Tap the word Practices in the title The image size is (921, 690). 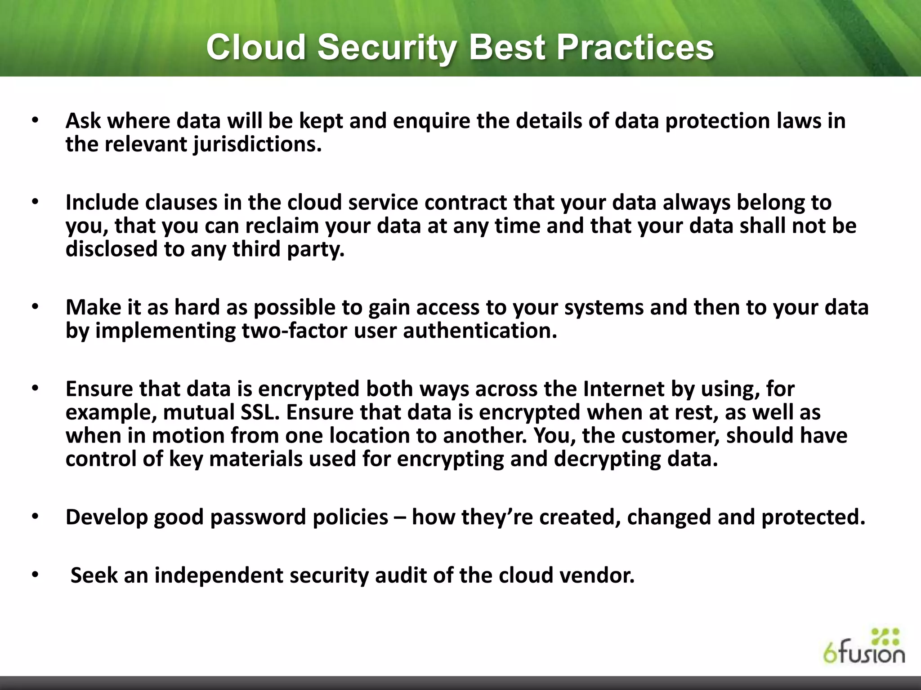coord(635,48)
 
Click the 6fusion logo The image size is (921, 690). coord(864,646)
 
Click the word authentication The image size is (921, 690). coord(480,331)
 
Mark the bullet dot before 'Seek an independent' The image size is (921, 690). coord(36,576)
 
